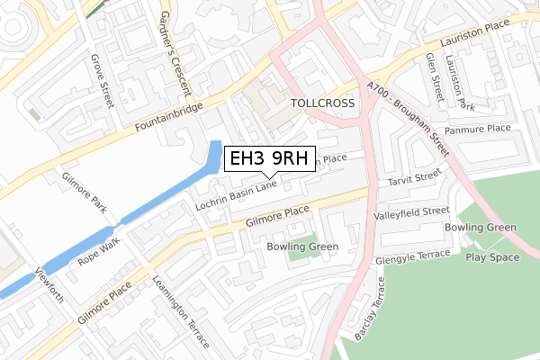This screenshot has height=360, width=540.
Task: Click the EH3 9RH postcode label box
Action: pos(269,159)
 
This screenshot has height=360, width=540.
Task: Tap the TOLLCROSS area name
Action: pos(323,103)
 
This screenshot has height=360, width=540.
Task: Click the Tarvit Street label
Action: pos(410,176)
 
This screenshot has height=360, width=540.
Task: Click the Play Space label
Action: pos(492,257)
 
